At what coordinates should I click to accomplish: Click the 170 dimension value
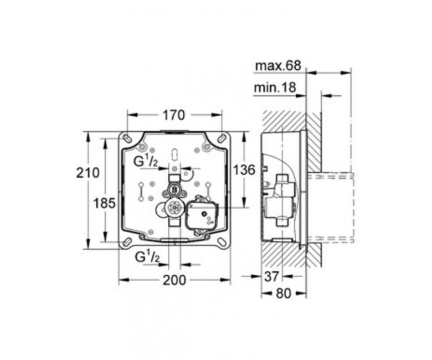(x=174, y=115)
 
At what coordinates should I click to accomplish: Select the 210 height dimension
(x=88, y=173)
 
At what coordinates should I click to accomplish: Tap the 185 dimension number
(x=104, y=204)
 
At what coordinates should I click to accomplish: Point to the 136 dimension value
(x=244, y=170)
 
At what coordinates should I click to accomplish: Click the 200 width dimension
(x=174, y=280)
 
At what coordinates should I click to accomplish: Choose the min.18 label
(x=275, y=88)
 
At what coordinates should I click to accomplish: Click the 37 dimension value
(x=272, y=276)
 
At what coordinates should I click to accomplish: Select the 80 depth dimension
(x=284, y=294)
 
